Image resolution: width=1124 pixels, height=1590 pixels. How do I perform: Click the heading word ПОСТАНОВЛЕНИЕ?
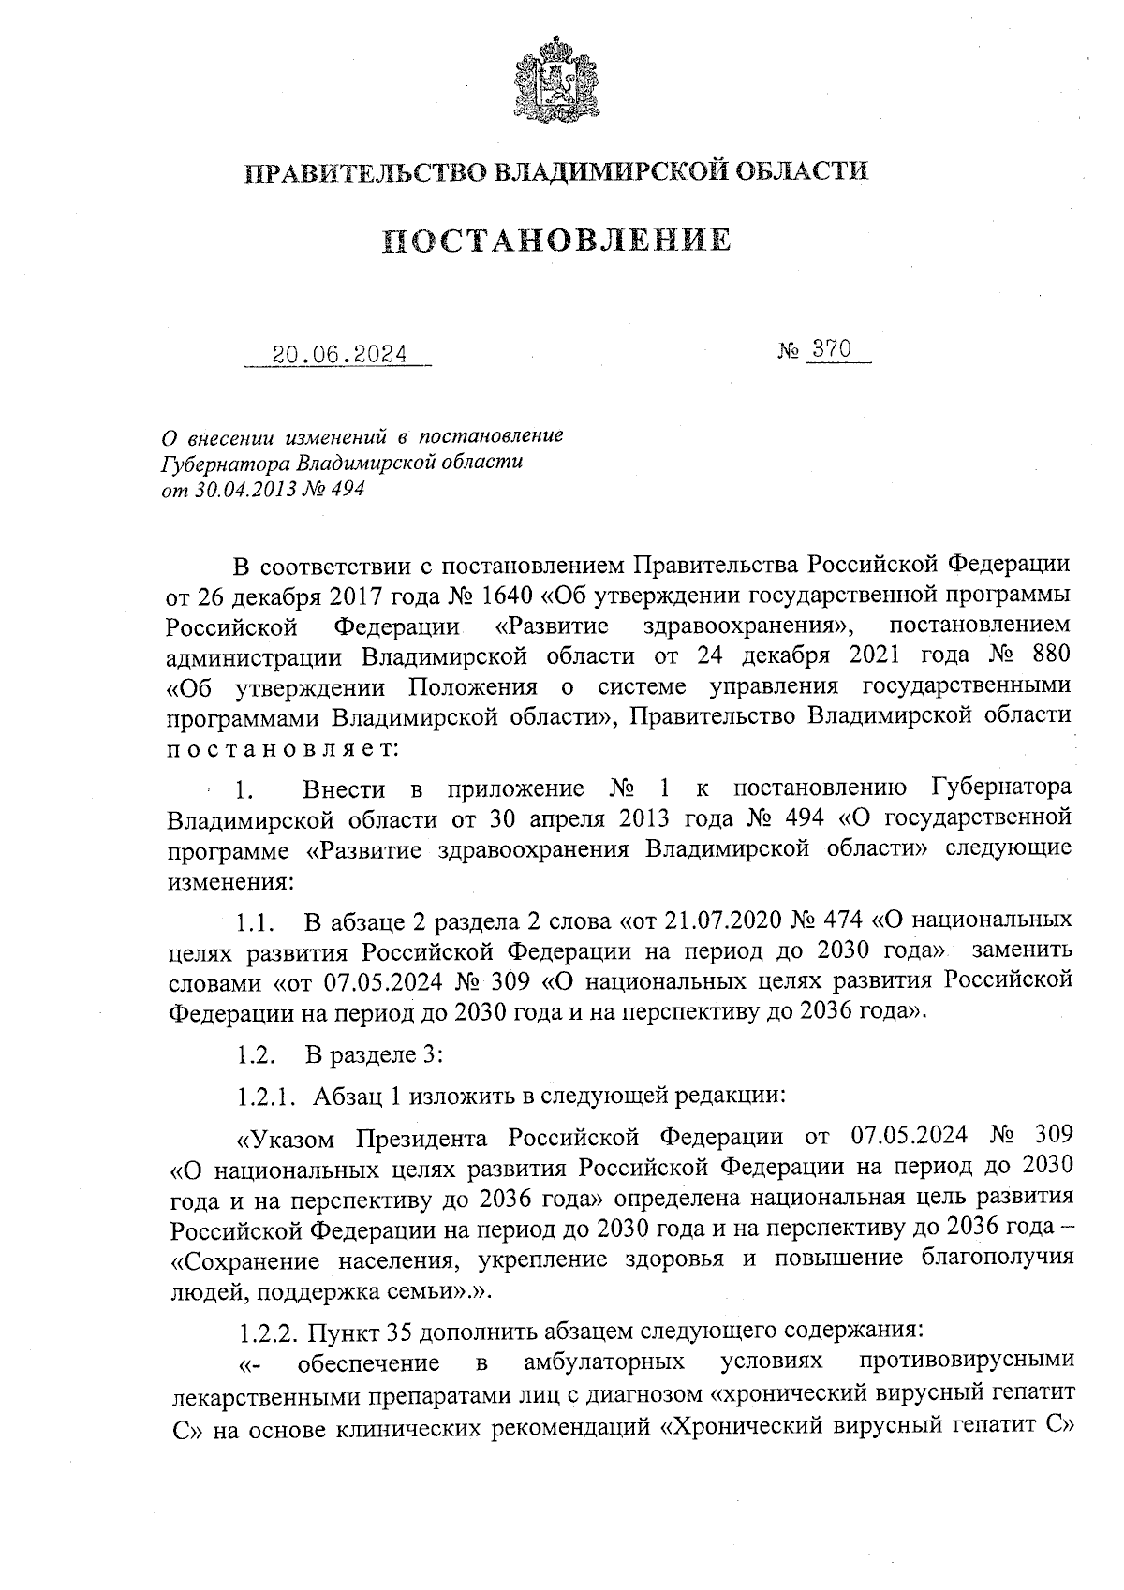pos(557,241)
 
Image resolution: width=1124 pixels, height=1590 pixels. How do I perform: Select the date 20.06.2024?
pos(339,354)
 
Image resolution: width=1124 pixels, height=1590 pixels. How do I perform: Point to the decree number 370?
pos(831,349)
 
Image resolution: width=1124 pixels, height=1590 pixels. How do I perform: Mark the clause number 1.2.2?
pos(268,1331)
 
